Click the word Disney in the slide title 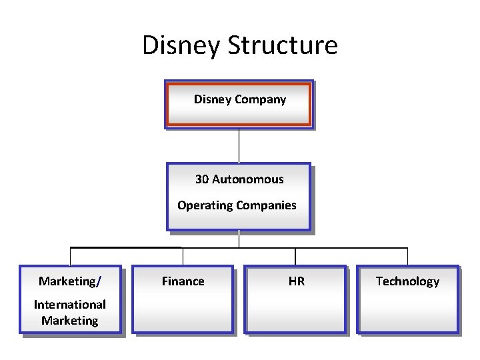pyautogui.click(x=181, y=45)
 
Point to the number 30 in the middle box pyautogui.click(x=202, y=179)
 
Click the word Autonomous pyautogui.click(x=248, y=179)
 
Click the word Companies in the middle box pyautogui.click(x=265, y=205)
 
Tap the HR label pyautogui.click(x=297, y=281)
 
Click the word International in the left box pyautogui.click(x=70, y=305)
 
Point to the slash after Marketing pyautogui.click(x=99, y=281)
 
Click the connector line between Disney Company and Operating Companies pyautogui.click(x=239, y=145)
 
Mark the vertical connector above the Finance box pyautogui.click(x=183, y=257)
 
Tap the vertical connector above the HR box pyautogui.click(x=295, y=257)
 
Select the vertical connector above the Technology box pyautogui.click(x=407, y=257)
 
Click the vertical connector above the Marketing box pyautogui.click(x=70, y=257)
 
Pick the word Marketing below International pyautogui.click(x=70, y=321)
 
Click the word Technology pyautogui.click(x=407, y=281)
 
